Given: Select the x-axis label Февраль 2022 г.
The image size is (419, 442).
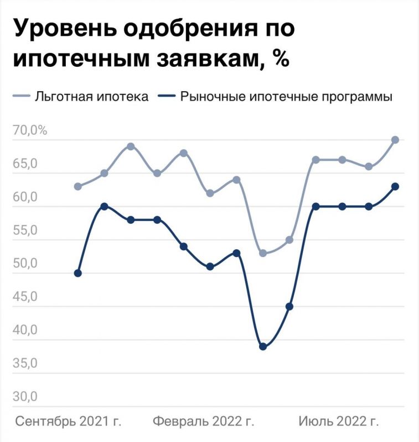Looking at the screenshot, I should point(204,422).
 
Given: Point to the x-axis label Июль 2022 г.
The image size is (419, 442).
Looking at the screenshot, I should point(339,422).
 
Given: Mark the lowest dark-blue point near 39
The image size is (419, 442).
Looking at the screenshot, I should point(263,346).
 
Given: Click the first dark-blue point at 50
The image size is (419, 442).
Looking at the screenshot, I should point(78,273).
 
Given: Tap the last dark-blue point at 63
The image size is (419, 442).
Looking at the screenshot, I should point(395,186).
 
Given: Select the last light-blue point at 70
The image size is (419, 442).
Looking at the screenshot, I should point(395,140).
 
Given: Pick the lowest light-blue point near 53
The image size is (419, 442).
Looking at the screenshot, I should point(263,253).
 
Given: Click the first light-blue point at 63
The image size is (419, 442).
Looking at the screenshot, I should point(78,186).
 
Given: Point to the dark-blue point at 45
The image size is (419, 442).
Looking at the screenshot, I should point(289,306).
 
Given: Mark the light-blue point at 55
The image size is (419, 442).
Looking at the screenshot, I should point(289,240).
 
